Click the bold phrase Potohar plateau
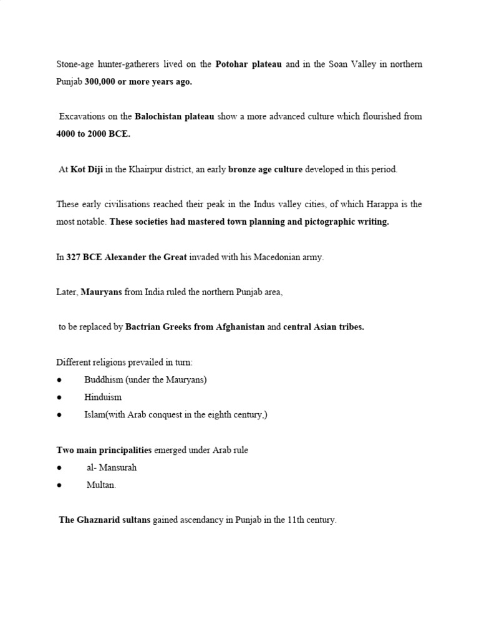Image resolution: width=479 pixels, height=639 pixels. tap(248, 64)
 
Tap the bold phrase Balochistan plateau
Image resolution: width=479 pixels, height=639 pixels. tap(175, 116)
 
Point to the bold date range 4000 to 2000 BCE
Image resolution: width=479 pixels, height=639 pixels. tap(94, 134)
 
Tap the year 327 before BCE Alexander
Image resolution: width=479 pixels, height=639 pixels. tap(74, 257)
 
